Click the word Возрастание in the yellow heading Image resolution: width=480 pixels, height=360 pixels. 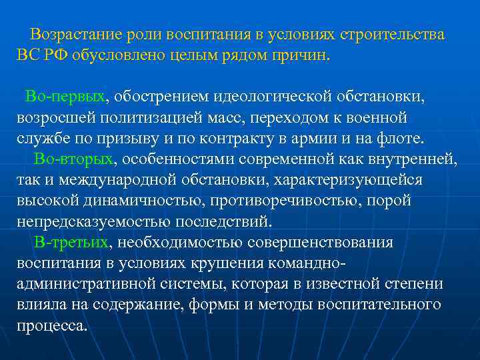click(x=79, y=34)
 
